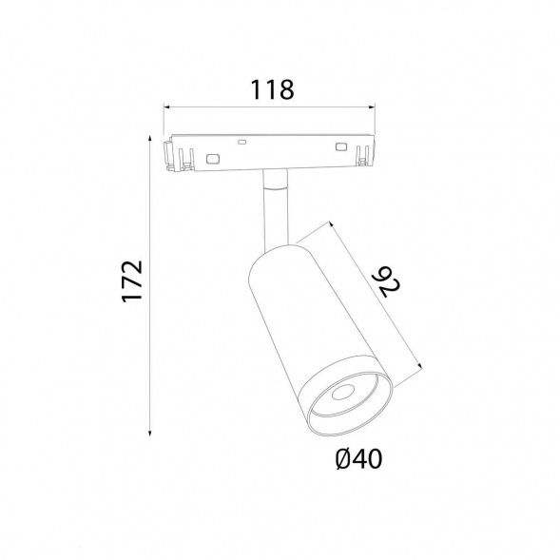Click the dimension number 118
[x=273, y=89]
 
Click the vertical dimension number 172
[x=132, y=281]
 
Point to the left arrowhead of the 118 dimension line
[x=165, y=106]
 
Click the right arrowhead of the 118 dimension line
[x=373, y=106]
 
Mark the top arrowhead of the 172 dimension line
[x=150, y=138]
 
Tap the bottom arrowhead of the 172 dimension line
[x=150, y=434]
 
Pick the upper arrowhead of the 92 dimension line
[x=331, y=224]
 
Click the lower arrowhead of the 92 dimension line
[x=420, y=365]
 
